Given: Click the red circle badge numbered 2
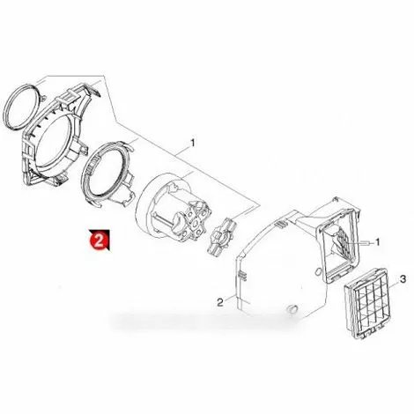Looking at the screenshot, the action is click(x=99, y=240).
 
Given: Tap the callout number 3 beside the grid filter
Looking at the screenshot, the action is click(x=403, y=279).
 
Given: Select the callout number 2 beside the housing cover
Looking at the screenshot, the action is click(x=220, y=302).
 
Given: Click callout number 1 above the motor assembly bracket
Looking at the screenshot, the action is click(x=192, y=144).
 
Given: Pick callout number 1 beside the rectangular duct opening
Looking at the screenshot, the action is click(x=378, y=242).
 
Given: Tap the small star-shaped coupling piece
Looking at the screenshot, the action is click(x=222, y=235).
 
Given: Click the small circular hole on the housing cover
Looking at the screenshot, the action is click(x=317, y=270).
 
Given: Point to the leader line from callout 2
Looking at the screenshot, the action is click(x=230, y=299).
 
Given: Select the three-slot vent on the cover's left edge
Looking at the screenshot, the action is click(x=242, y=275).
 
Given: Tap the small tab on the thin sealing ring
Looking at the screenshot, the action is click(x=42, y=98).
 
